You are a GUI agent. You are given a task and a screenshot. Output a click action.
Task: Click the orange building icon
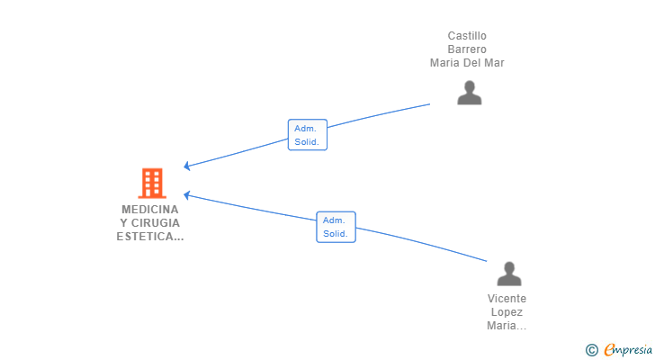152,183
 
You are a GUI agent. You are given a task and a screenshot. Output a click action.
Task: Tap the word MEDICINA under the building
150,209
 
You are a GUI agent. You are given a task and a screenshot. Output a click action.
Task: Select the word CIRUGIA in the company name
156,223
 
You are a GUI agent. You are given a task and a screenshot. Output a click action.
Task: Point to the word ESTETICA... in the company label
150,237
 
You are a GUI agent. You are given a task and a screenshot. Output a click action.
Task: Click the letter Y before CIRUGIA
123,223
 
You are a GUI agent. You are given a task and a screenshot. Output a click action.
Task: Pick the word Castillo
467,36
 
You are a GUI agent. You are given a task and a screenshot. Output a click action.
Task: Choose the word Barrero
467,49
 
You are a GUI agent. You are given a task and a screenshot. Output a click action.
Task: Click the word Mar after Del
495,63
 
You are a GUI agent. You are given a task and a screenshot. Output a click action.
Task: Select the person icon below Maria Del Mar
470,93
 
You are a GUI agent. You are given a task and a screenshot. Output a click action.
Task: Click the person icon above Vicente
509,274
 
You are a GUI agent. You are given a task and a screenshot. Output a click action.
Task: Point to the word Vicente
507,299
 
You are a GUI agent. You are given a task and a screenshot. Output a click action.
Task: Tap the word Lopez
507,312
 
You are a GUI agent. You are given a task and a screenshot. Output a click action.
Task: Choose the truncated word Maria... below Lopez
507,325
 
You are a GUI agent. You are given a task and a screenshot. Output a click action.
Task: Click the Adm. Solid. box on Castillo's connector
308,135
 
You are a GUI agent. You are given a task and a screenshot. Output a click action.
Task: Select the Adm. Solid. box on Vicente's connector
336,227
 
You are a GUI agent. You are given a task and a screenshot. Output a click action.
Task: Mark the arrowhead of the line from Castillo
184,166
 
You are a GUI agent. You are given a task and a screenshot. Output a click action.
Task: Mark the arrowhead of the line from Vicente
184,194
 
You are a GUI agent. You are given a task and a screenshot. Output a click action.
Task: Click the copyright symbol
591,350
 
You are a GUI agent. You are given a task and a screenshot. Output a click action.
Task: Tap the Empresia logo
628,350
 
